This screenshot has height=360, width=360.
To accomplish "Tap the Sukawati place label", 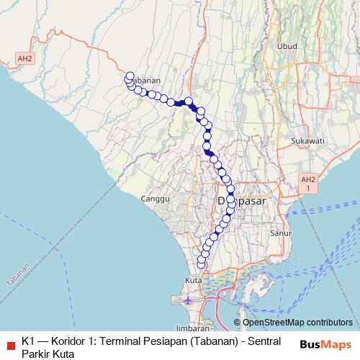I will point(308,140).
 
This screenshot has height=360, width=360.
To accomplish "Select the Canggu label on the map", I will point(155,197).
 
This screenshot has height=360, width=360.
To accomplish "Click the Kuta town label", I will point(193,279).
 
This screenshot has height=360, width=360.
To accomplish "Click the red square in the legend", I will point(10,342).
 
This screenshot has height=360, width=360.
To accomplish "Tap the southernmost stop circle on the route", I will point(201,265).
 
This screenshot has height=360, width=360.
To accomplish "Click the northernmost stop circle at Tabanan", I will point(130,76).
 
